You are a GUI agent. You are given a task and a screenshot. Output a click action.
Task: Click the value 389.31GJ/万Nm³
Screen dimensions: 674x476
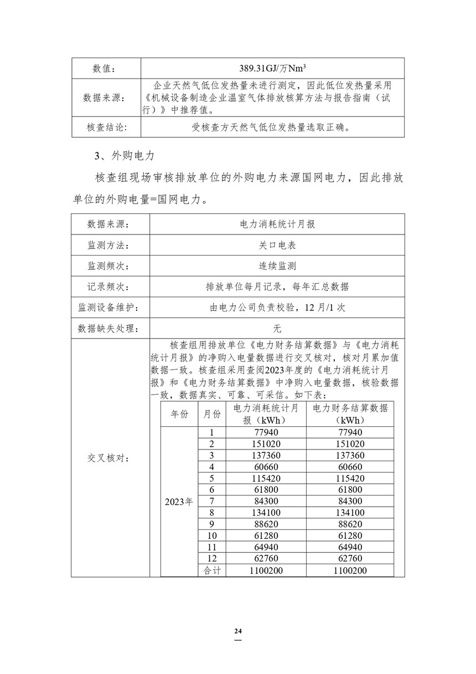[x=273, y=68]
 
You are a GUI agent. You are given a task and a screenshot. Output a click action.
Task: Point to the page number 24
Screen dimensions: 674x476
[x=238, y=631]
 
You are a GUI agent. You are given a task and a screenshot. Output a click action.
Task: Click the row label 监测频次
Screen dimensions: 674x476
[x=107, y=265]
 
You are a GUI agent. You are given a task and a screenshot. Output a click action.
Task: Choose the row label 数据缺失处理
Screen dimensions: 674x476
[x=107, y=328]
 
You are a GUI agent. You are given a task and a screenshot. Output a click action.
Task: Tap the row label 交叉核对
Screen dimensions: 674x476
[x=107, y=458]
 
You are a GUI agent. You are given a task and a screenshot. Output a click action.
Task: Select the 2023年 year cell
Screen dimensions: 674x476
[x=179, y=502]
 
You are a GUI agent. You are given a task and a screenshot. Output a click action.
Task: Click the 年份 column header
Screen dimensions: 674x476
[x=179, y=413]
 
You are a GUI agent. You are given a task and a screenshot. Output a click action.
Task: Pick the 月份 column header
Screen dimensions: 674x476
[x=211, y=413]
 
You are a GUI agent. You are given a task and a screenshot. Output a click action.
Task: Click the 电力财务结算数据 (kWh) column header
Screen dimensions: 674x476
[x=350, y=413]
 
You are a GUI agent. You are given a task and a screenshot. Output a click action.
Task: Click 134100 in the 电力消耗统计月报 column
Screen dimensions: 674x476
[x=267, y=512]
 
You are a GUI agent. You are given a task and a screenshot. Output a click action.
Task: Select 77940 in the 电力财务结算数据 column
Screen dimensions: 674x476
[x=350, y=432]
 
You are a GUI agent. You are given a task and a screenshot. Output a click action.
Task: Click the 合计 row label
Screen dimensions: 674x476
[x=211, y=570]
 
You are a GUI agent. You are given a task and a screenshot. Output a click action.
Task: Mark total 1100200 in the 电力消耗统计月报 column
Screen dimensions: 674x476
[x=267, y=570]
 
